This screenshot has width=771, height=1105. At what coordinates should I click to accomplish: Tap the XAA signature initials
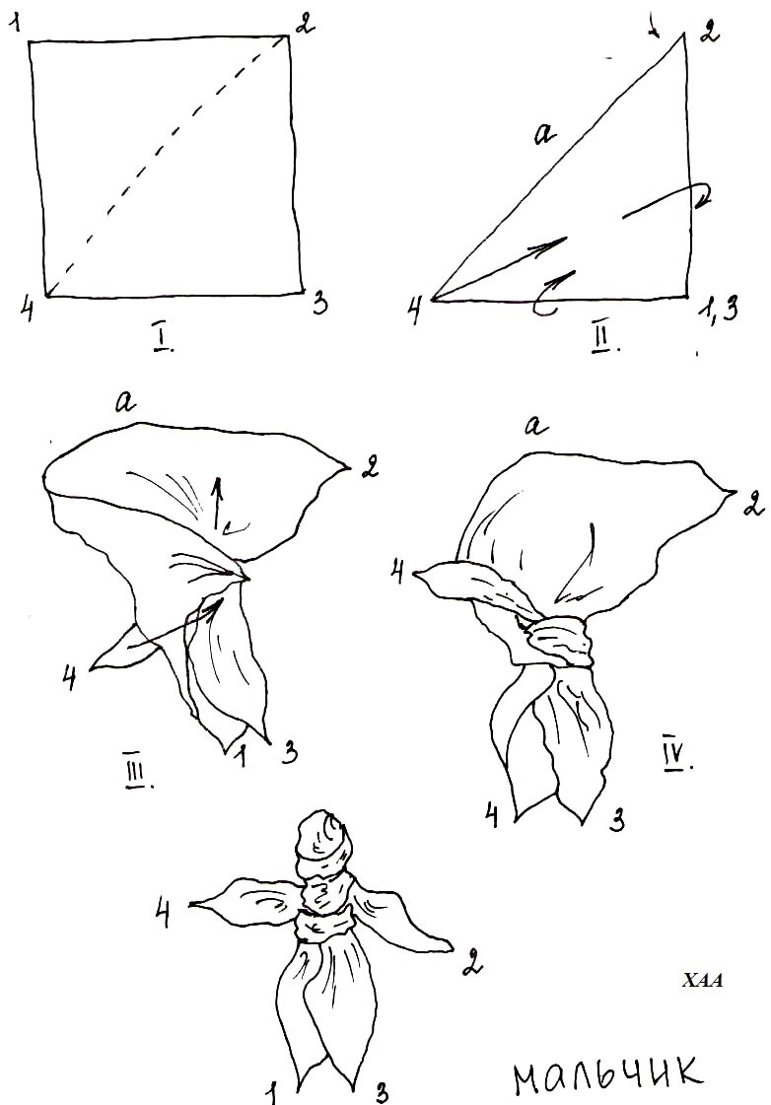(x=703, y=980)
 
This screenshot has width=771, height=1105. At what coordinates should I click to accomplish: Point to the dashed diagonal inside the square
(x=168, y=167)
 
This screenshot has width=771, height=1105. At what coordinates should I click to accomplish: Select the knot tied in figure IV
(x=560, y=642)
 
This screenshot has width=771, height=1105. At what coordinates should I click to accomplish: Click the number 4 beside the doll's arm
(x=163, y=915)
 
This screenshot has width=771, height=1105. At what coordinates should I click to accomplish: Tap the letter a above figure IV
(x=536, y=426)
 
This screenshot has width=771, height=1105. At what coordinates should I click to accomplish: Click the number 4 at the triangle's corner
(x=416, y=310)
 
